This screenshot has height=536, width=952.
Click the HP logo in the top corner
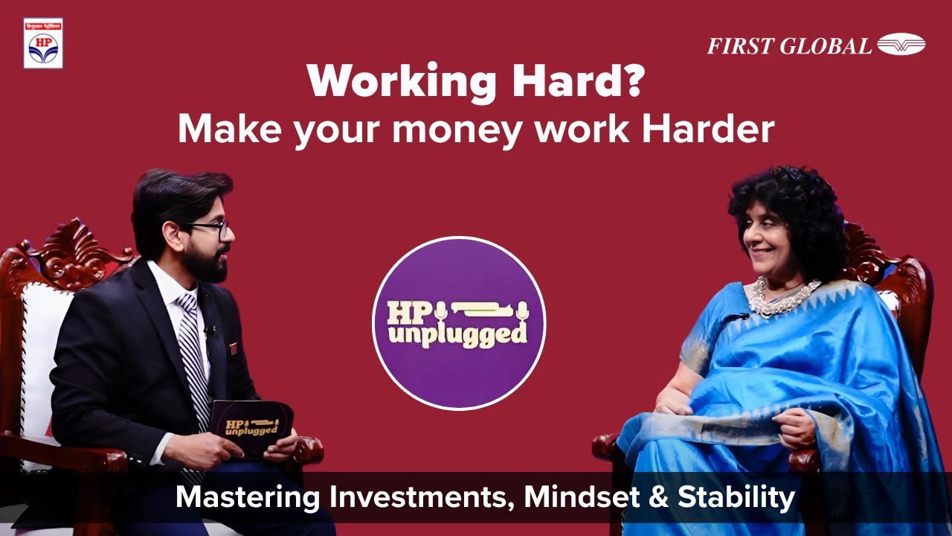(43, 43)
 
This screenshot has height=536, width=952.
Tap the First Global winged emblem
(901, 45)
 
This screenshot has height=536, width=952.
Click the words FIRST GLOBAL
(789, 46)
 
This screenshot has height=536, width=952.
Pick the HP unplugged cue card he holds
(251, 424)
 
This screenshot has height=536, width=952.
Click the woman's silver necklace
(780, 295)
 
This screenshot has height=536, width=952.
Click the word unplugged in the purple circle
(458, 335)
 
